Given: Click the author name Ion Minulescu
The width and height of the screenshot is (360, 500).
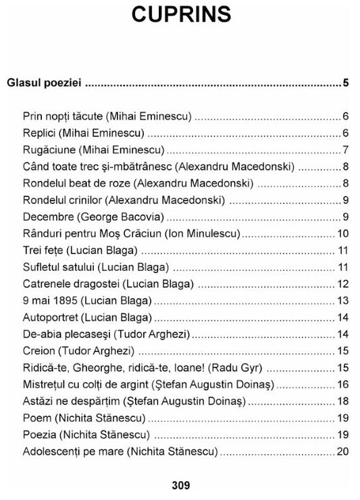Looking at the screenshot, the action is pos(203,234).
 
